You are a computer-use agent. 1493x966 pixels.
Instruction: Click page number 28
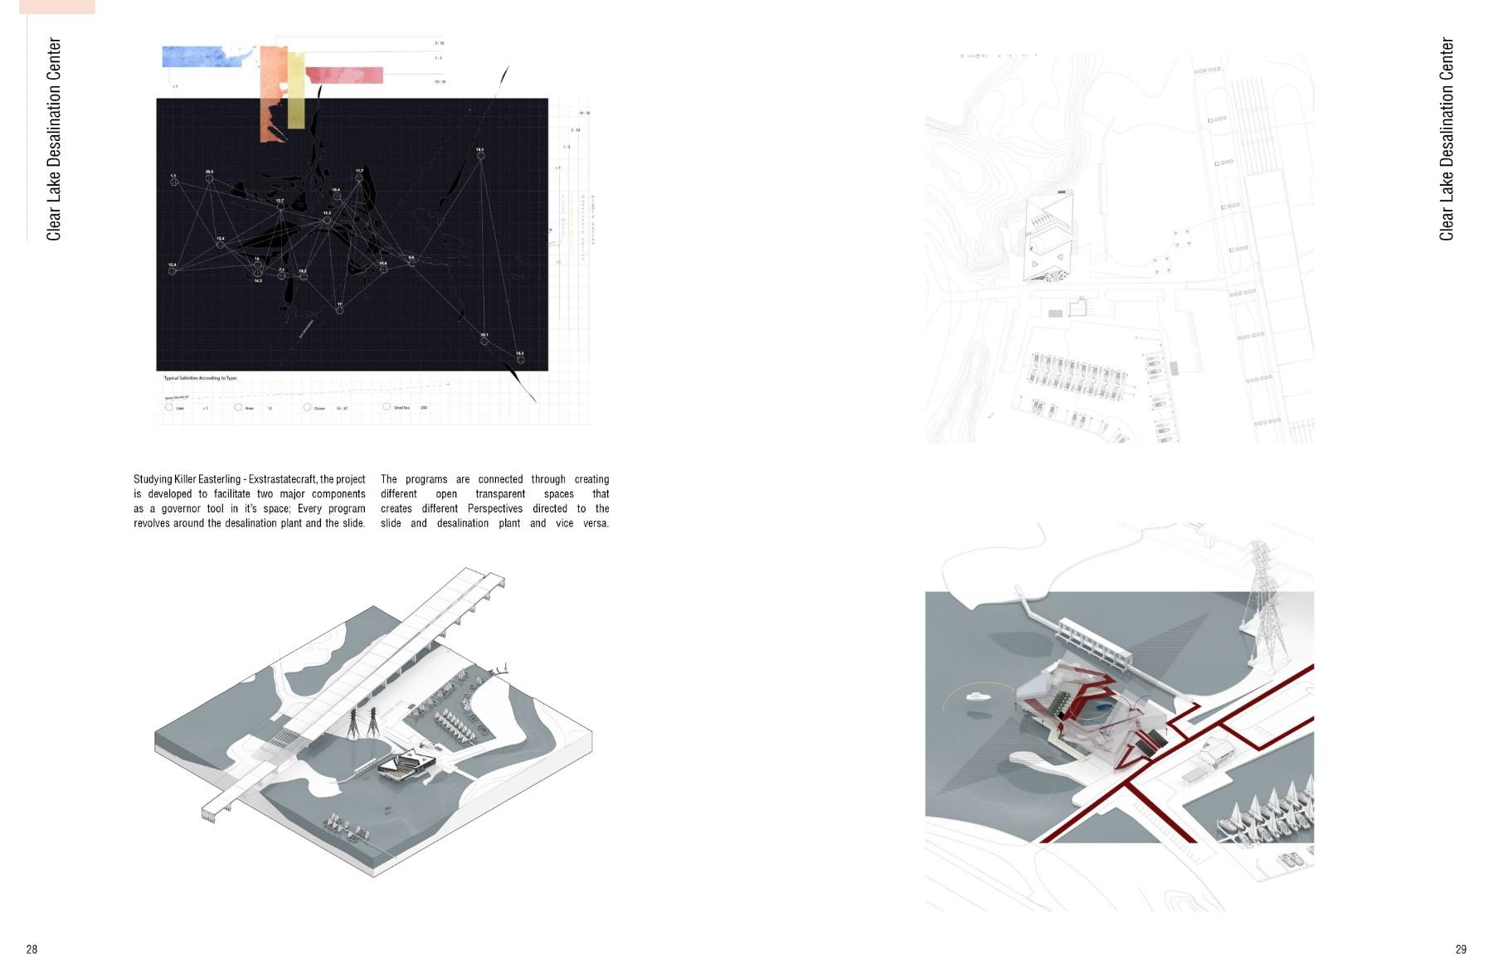pyautogui.click(x=32, y=949)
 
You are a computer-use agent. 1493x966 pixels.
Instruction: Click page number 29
pyautogui.click(x=1461, y=949)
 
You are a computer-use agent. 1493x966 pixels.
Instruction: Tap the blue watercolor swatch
pyautogui.click(x=203, y=56)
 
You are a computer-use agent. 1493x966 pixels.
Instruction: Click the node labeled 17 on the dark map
pyautogui.click(x=339, y=311)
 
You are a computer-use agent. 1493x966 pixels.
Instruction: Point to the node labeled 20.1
pyautogui.click(x=484, y=341)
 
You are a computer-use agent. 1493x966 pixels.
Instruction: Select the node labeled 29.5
pyautogui.click(x=209, y=178)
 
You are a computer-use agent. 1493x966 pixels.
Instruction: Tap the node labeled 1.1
pyautogui.click(x=174, y=182)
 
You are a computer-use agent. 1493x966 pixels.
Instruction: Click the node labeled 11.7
pyautogui.click(x=359, y=177)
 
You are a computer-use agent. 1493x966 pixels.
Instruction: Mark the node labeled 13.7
pyautogui.click(x=280, y=206)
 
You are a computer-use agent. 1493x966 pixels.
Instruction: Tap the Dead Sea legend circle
pyautogui.click(x=387, y=407)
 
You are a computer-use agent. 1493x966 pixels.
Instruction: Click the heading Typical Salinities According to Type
pyautogui.click(x=201, y=378)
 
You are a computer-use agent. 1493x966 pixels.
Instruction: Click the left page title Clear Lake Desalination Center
pyautogui.click(x=54, y=139)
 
